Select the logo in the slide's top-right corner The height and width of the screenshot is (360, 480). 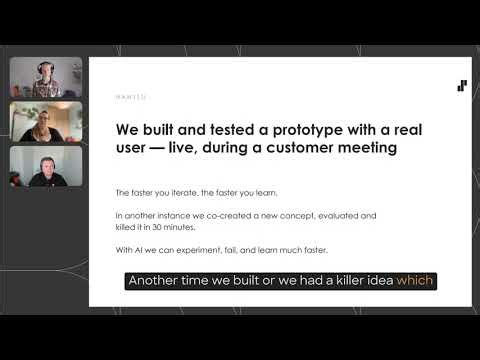pos(462,86)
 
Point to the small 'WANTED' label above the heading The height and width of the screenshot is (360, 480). pos(130,97)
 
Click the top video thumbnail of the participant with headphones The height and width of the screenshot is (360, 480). pos(46,78)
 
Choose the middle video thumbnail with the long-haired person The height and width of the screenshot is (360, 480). pos(46,122)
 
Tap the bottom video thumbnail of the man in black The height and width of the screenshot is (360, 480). pos(46,166)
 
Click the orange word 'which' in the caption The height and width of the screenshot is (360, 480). pos(415,281)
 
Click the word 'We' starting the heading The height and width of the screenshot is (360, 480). pos(126,129)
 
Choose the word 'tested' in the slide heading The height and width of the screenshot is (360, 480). pos(213,129)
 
